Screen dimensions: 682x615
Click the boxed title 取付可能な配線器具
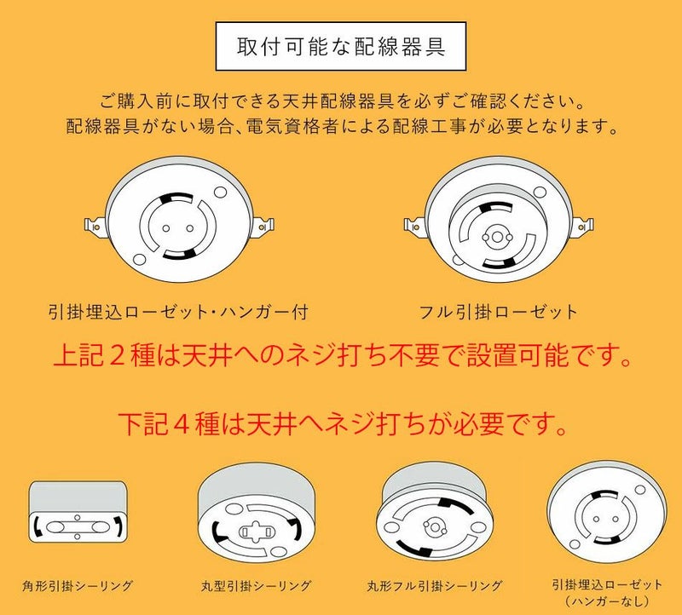pyautogui.click(x=341, y=47)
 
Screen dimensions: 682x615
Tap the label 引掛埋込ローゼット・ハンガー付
pyautogui.click(x=179, y=312)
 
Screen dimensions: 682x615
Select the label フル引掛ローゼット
pyautogui.click(x=499, y=312)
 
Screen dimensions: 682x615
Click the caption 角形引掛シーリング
pyautogui.click(x=78, y=586)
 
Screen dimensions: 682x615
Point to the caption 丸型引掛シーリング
pyautogui.click(x=257, y=586)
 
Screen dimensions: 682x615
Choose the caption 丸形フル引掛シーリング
pyautogui.click(x=435, y=586)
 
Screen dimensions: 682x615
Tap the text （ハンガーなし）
pyautogui.click(x=607, y=601)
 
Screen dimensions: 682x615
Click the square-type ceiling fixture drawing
pyautogui.click(x=78, y=512)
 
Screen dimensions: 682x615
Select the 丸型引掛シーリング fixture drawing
pyautogui.click(x=256, y=513)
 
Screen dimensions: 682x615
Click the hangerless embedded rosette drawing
pyautogui.click(x=606, y=512)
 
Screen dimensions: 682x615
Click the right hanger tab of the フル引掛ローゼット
pyautogui.click(x=584, y=226)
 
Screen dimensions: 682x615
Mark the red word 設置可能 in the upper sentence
pyautogui.click(x=517, y=356)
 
